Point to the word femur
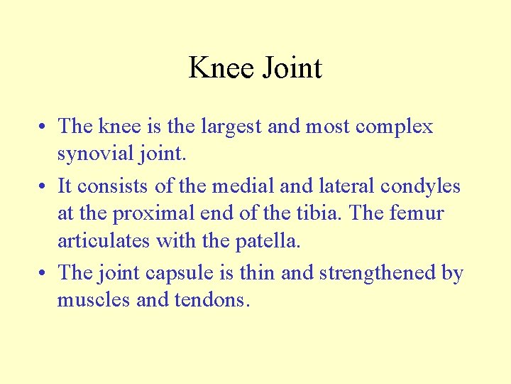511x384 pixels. pos(419,213)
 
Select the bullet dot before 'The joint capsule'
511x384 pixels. pos(43,274)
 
